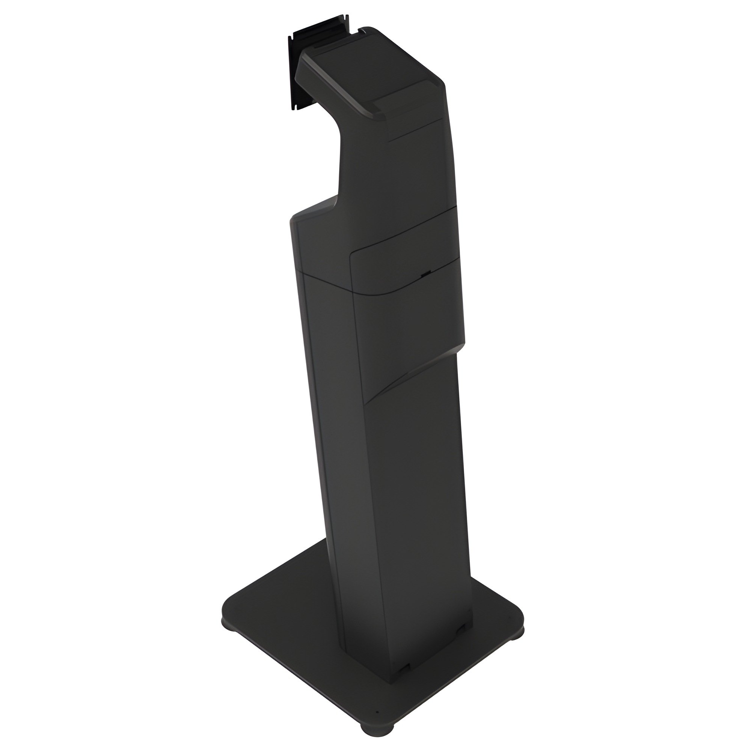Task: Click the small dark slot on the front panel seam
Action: (426, 273)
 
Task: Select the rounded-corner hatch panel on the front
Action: (404, 268)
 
